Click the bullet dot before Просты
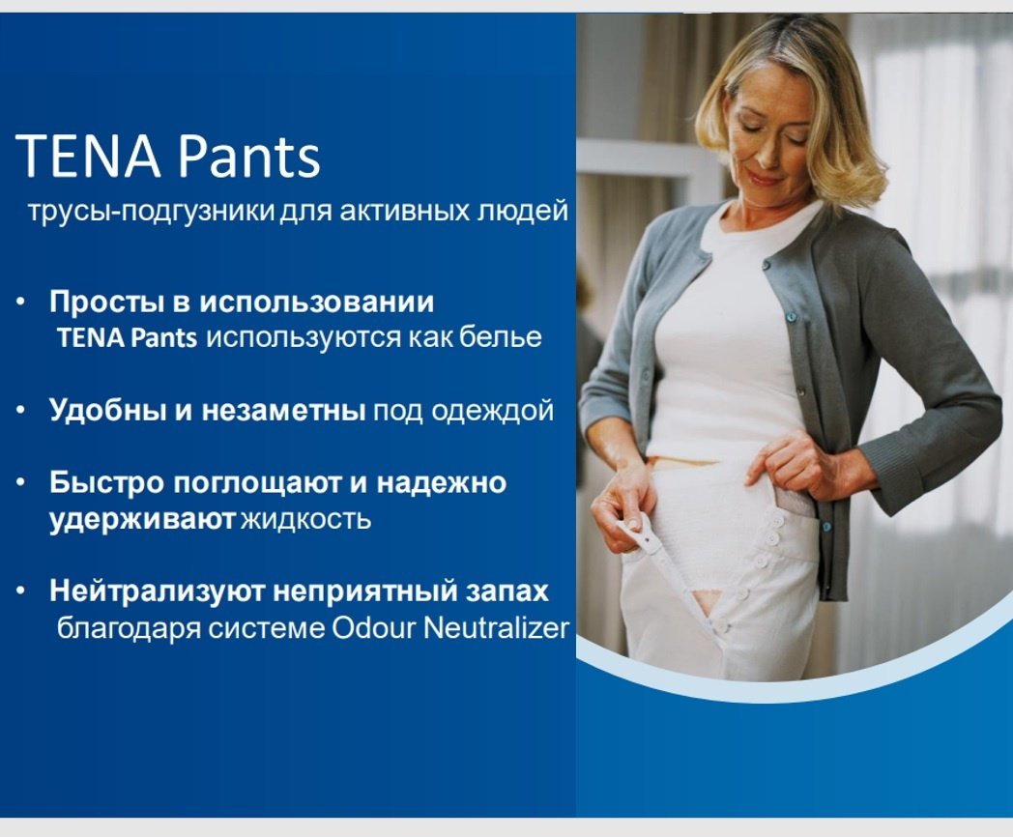(x=20, y=303)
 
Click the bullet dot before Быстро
(x=20, y=482)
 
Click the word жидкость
(x=305, y=519)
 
